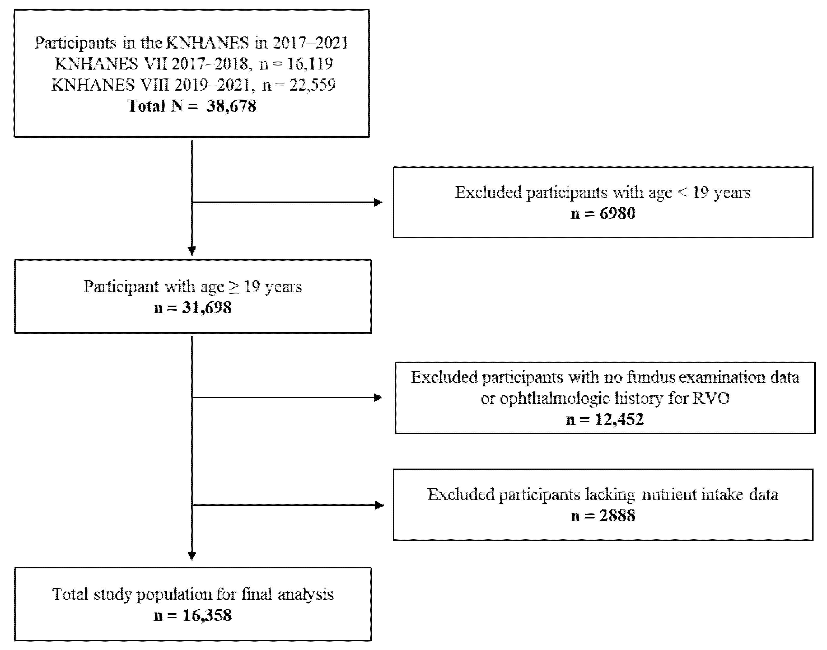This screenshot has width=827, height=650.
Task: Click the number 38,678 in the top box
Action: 231,106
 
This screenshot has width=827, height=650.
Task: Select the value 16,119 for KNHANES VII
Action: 310,64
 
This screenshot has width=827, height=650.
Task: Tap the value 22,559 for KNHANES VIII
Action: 312,85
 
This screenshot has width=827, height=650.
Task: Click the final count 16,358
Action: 207,615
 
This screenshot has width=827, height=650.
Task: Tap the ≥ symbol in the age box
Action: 234,287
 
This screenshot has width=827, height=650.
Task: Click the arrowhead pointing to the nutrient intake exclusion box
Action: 380,505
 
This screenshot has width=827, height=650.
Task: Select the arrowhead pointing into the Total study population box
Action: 192,556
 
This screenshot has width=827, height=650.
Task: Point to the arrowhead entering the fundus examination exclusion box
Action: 378,398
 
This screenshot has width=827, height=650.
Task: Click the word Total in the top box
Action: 146,106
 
